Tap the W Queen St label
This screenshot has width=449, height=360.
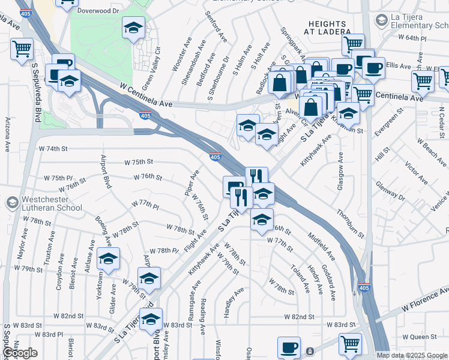point(420,337)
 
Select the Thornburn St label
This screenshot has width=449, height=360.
point(350,223)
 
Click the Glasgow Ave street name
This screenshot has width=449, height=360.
point(340,172)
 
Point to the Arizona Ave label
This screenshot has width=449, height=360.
point(7,135)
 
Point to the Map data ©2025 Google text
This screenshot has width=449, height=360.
point(412,355)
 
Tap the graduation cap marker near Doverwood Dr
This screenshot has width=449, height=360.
point(134,28)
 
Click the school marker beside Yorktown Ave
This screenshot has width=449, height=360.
point(109,259)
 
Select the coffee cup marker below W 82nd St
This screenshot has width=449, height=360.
point(289,347)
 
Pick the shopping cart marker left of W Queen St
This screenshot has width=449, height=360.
point(350,344)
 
